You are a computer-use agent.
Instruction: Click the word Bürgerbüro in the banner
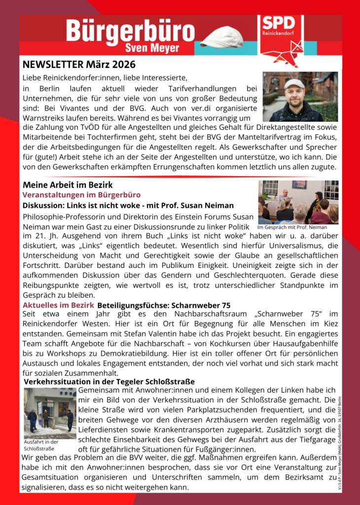(x=131, y=31)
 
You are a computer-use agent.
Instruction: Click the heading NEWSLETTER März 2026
(x=79, y=65)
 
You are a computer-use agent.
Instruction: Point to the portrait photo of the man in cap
(x=300, y=97)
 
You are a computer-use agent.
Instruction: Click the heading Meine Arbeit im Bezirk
(x=68, y=185)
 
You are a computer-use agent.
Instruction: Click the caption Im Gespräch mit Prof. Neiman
(x=292, y=228)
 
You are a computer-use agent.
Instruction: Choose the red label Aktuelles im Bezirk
(x=58, y=305)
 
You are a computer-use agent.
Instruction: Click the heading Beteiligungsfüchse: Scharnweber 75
(x=164, y=306)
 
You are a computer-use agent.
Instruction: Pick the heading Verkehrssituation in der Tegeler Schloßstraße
(x=109, y=382)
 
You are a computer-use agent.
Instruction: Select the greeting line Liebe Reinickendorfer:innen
(x=105, y=78)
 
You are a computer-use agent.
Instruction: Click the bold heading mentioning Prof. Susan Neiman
(x=128, y=205)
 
